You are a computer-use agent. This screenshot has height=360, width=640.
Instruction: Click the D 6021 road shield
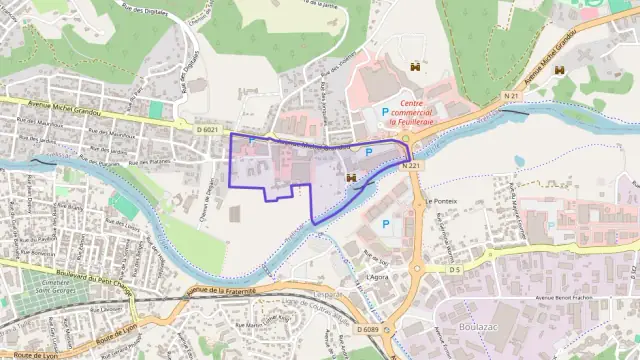(x=207, y=129)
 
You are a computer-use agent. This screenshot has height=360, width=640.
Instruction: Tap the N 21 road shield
(x=512, y=95)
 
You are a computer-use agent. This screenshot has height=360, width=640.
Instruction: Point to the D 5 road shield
(x=454, y=269)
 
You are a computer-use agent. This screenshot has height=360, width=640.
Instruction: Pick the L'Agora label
(x=377, y=276)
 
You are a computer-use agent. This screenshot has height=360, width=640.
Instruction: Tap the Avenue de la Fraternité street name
(x=222, y=291)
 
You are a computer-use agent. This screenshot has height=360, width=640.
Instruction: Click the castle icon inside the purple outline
(x=351, y=177)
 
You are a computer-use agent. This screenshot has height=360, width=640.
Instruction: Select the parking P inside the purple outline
(x=368, y=152)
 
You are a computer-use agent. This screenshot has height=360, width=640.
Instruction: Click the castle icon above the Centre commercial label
(x=412, y=68)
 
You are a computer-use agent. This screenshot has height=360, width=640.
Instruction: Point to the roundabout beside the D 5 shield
(x=417, y=269)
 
